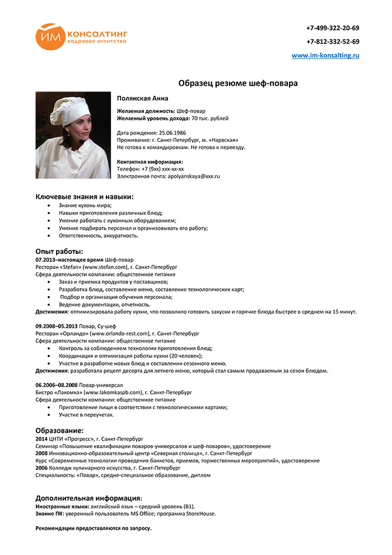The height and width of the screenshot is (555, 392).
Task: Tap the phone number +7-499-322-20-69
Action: pos(333,28)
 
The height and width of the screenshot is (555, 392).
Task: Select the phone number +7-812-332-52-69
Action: pos(333,41)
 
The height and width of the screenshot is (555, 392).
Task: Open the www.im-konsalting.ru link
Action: pos(325,55)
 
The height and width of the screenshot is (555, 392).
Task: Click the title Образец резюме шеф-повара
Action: pos(238,83)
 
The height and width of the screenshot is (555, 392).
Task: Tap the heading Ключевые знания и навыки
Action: pos(85,196)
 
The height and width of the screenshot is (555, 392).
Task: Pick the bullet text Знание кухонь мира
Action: pos(85,205)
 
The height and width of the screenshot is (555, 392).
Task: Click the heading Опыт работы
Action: pos(59,251)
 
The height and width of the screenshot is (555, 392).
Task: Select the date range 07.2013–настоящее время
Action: pos(69,260)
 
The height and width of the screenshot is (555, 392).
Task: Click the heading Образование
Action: pos(59,430)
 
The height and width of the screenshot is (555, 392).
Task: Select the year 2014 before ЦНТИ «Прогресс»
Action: pos(41,438)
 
